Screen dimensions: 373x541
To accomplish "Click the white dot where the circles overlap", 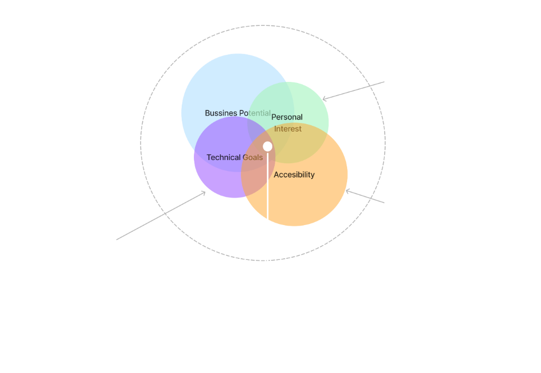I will [268, 146].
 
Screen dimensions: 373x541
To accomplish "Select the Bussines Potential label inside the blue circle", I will [238, 114].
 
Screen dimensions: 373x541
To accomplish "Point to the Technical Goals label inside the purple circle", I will [235, 157].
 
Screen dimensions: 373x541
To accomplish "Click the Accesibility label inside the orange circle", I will [294, 175].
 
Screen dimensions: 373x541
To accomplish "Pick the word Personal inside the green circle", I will [287, 117].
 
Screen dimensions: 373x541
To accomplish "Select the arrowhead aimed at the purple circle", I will [203, 193].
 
